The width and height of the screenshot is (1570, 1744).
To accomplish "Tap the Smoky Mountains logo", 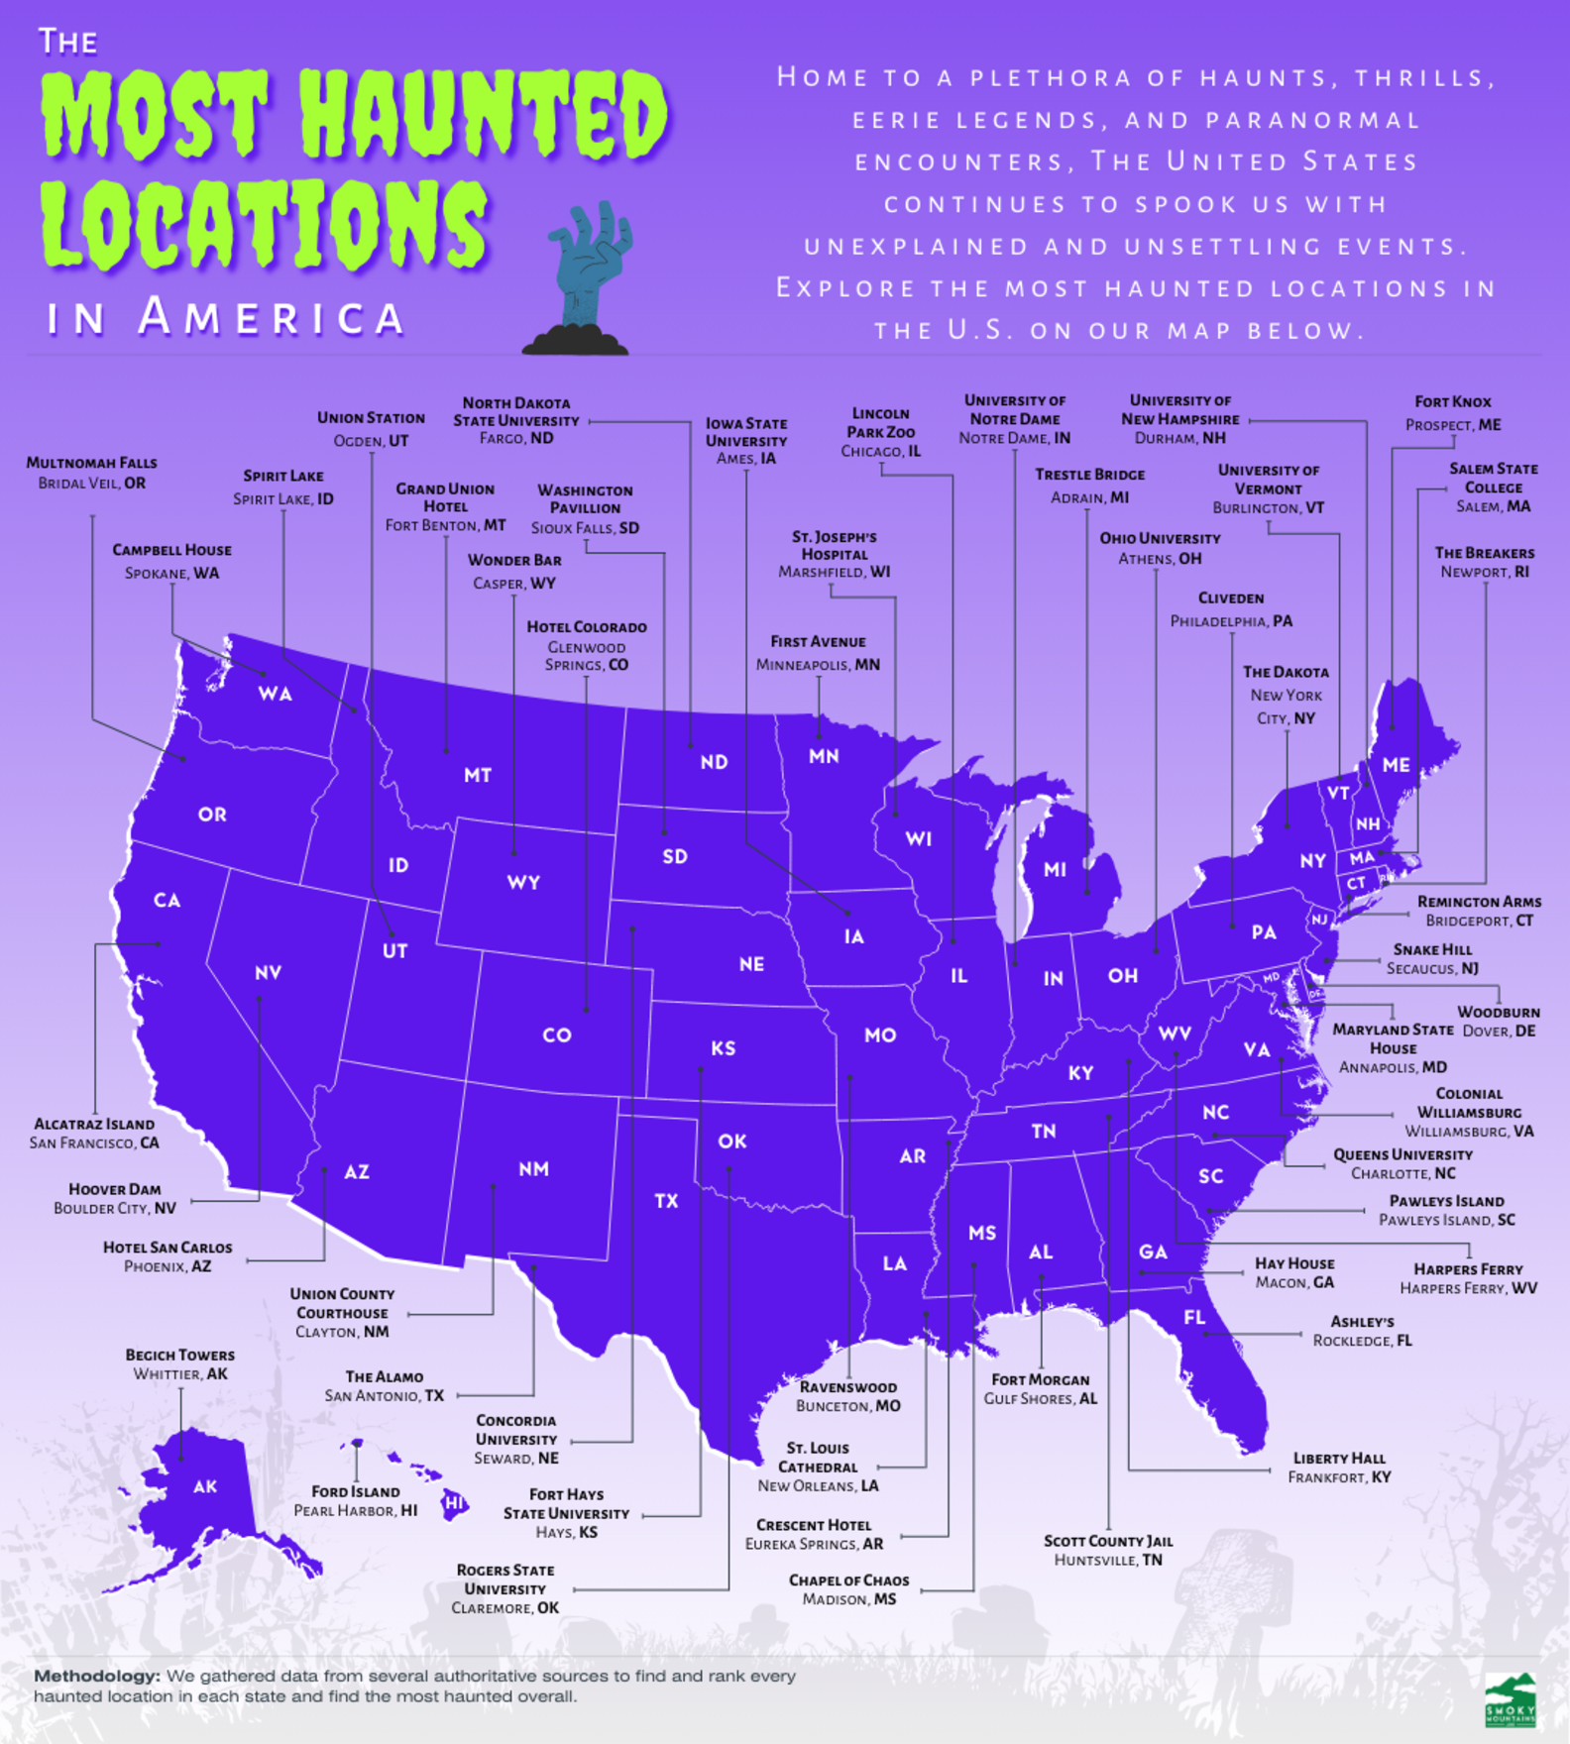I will (x=1511, y=1700).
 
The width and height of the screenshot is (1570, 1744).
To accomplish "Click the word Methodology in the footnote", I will (x=96, y=1677).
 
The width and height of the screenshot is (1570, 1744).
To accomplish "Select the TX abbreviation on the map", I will (x=666, y=1201).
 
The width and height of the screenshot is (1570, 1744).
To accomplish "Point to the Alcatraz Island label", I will (x=94, y=1133).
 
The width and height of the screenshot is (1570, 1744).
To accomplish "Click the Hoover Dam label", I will (x=114, y=1198).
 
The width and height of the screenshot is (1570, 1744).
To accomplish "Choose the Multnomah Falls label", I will (x=91, y=473).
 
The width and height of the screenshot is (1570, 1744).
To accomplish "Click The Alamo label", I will (x=385, y=1385).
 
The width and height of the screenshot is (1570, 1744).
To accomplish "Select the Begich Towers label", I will (x=179, y=1364).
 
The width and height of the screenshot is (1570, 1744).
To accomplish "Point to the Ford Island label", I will (x=355, y=1500).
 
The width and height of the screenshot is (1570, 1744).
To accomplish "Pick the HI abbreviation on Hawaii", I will (x=454, y=1503).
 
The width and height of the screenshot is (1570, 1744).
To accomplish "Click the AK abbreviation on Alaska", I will (x=205, y=1486).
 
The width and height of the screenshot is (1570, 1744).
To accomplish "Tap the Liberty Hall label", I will (x=1339, y=1468).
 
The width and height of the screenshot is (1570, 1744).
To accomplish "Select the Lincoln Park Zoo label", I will (x=880, y=432).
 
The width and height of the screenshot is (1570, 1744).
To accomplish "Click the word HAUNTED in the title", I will (x=484, y=116).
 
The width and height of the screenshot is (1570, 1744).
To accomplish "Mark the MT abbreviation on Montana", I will (x=478, y=775).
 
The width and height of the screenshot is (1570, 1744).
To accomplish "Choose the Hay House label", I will (x=1294, y=1272).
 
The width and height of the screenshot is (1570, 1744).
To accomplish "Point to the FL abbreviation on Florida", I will (x=1194, y=1317).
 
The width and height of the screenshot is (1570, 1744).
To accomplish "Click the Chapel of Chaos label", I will (x=848, y=1589).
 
